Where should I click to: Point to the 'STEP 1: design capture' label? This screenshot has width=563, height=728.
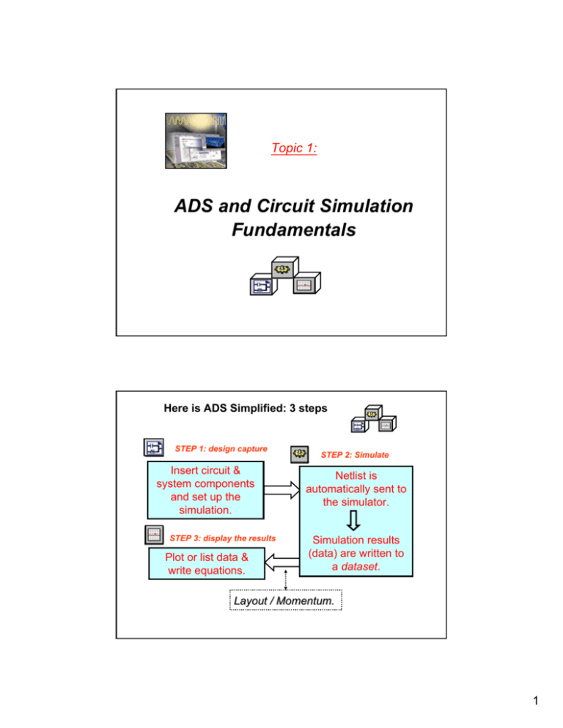(x=221, y=447)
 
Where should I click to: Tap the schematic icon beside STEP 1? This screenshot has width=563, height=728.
(x=153, y=448)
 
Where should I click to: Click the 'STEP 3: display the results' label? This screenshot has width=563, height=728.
(x=222, y=538)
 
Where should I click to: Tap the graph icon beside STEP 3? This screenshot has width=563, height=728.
(x=153, y=537)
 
